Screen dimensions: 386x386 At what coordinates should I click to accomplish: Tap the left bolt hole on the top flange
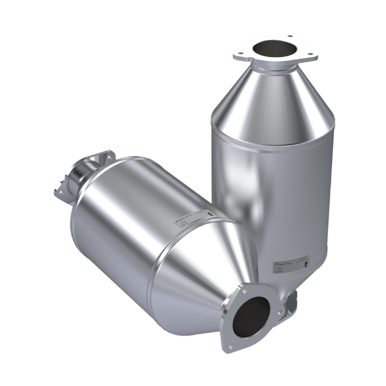coord(239,54)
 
